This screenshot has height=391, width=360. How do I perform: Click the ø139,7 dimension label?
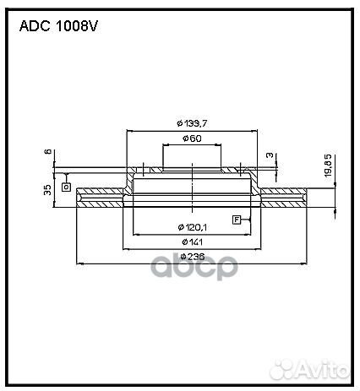(192, 123)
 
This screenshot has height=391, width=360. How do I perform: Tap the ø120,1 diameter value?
(193, 227)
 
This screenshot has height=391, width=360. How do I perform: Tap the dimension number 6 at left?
(48, 152)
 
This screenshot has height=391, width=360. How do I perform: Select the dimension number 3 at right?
(268, 155)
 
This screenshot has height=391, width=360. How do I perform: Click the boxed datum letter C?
(65, 186)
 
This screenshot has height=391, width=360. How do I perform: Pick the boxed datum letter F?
(237, 220)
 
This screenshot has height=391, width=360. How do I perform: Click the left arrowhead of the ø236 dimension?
(79, 263)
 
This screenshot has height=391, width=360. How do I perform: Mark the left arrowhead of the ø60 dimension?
(163, 145)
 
